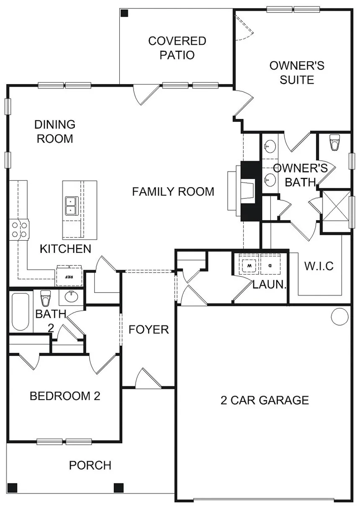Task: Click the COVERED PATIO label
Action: point(177,48)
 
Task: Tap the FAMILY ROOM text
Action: point(173,191)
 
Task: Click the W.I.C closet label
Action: point(319,266)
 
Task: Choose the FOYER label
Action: point(149,329)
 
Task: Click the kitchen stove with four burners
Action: point(19,229)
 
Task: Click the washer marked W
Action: point(250,265)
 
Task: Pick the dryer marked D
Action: point(270,265)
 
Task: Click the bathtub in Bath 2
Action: point(20,312)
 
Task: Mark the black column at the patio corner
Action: point(124,13)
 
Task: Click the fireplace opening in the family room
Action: point(248,191)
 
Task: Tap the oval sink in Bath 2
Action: point(71,296)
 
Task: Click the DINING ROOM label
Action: point(55,131)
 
